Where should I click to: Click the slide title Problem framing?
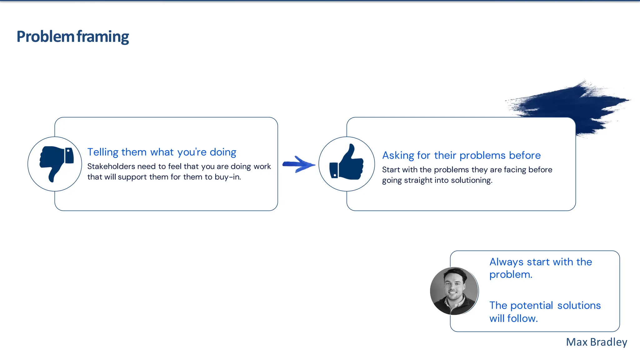point(72,37)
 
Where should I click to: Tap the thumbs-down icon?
point(56,163)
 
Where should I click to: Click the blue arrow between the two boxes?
point(299,164)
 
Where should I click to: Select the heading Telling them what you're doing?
point(162,152)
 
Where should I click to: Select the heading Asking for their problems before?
point(461,155)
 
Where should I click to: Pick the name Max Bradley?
point(596,342)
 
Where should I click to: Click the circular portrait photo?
point(454,291)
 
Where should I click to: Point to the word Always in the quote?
point(506,262)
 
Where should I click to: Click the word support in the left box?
point(132,177)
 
